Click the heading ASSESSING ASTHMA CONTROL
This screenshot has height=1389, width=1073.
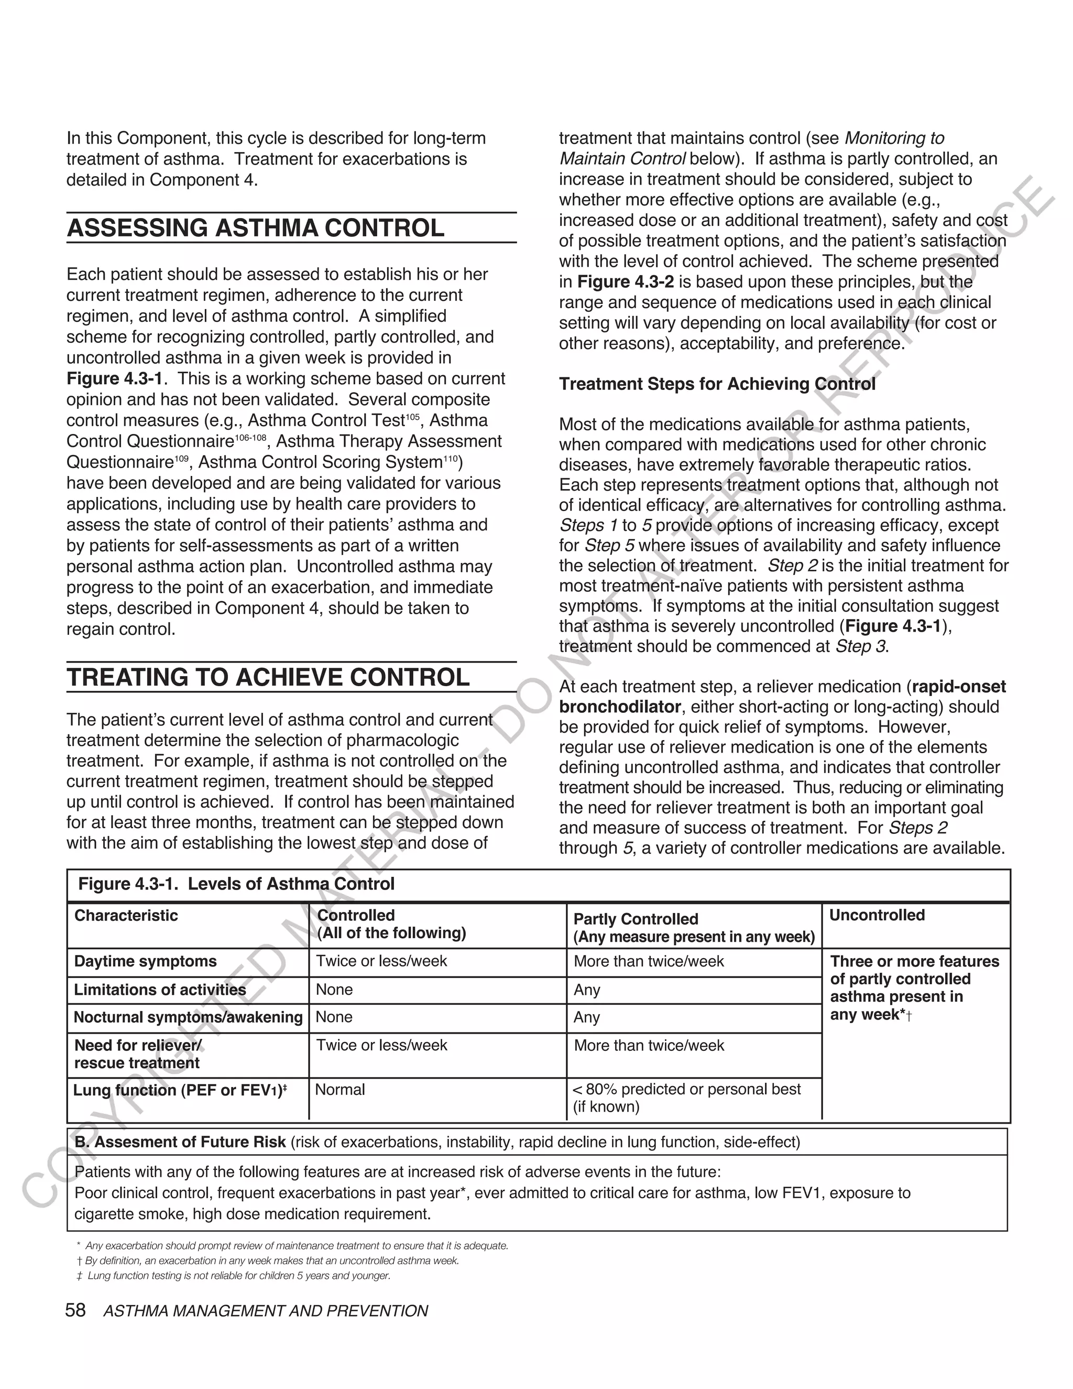point(256,229)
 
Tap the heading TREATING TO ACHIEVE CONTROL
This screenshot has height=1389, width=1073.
point(268,677)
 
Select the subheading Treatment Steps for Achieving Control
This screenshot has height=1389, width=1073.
point(717,384)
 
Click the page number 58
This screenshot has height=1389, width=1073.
point(75,1311)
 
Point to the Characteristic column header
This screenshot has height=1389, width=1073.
point(126,915)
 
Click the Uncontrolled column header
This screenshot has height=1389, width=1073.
point(877,915)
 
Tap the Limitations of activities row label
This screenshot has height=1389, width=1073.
point(160,990)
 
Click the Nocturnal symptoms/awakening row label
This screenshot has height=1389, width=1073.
point(188,1017)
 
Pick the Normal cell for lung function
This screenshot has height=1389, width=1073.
point(340,1090)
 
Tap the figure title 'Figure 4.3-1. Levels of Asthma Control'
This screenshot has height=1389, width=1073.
point(236,884)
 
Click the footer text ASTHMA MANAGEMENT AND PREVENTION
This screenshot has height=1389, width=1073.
point(265,1311)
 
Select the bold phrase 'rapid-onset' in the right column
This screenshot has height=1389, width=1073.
point(959,687)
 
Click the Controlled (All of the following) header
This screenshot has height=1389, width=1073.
point(391,924)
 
